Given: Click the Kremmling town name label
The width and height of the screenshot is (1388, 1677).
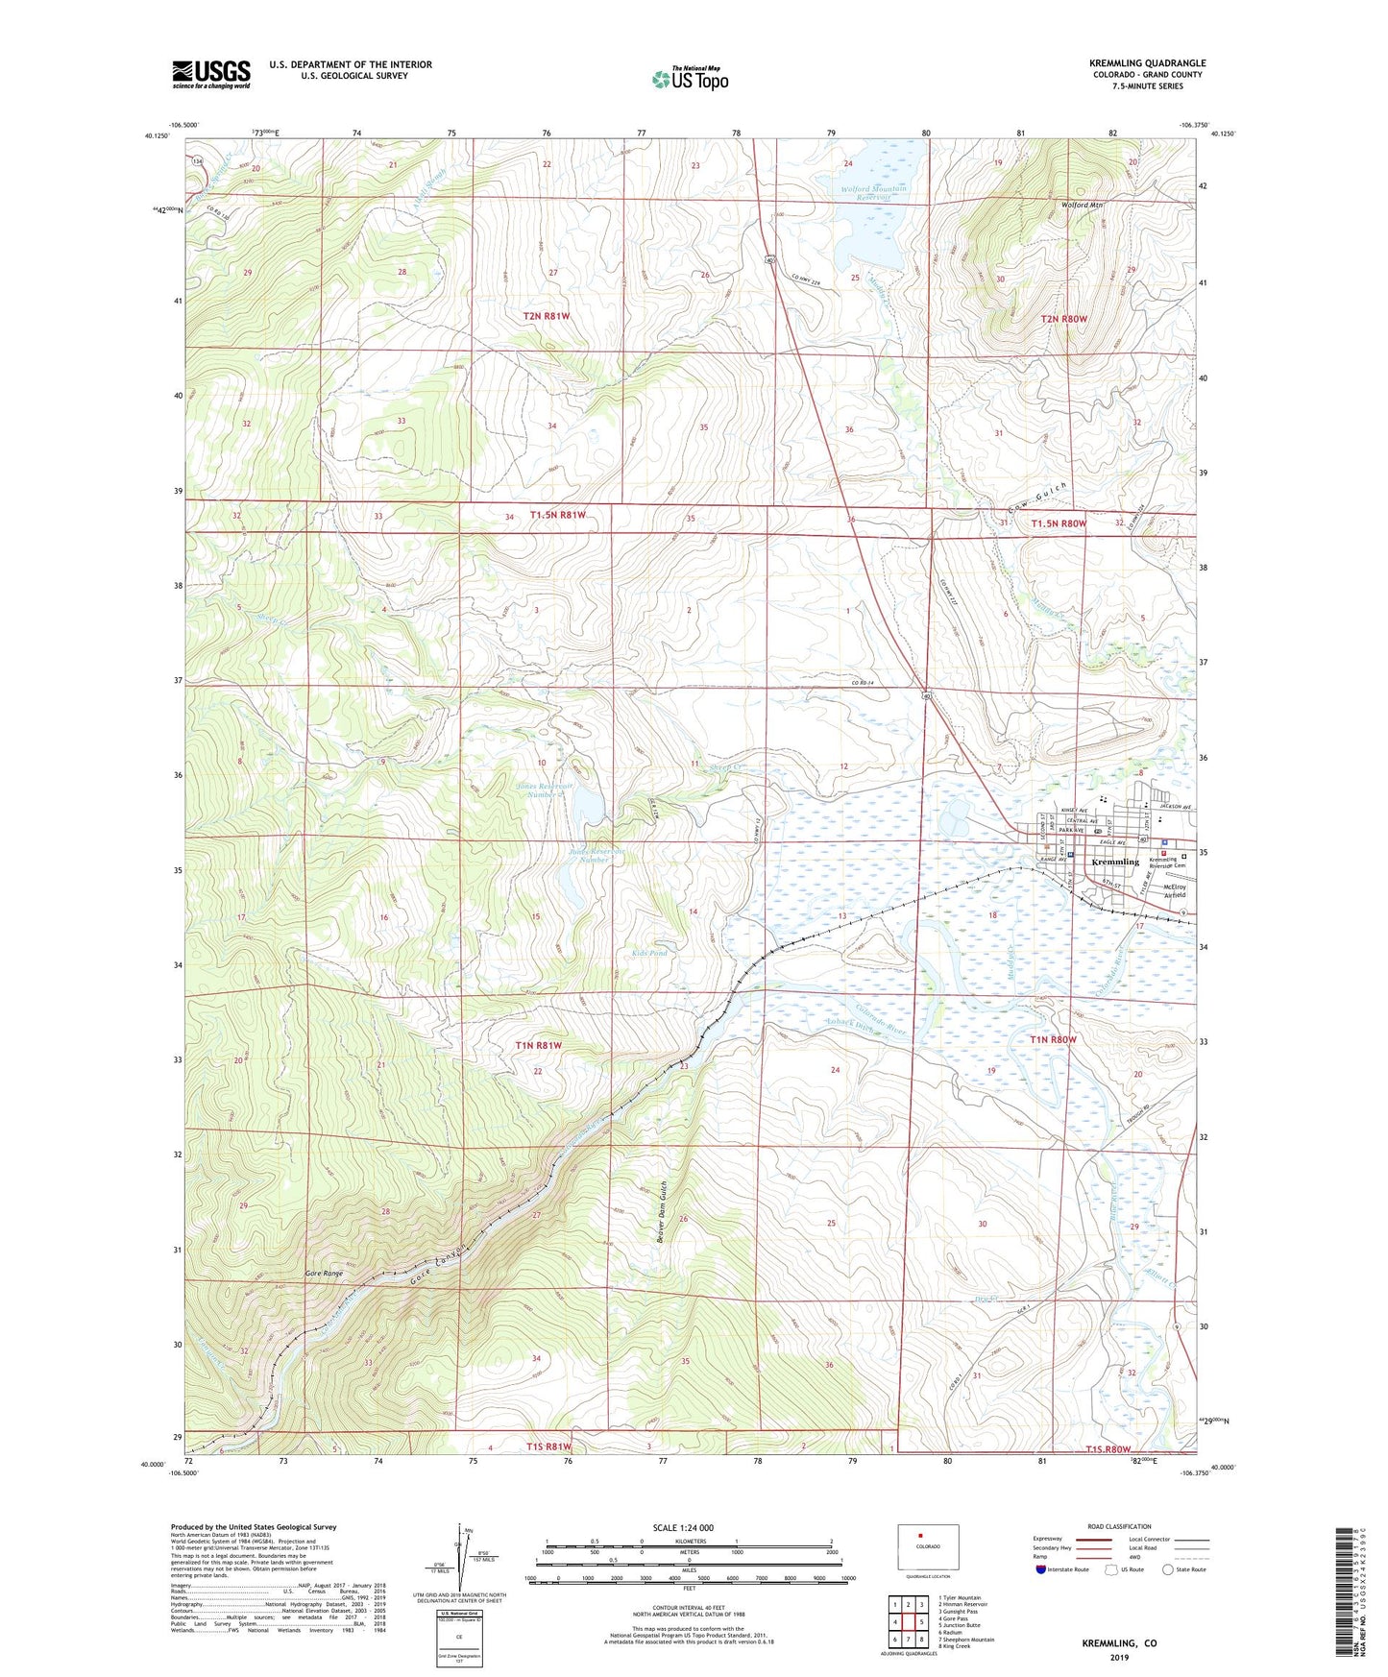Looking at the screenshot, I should pyautogui.click(x=1115, y=862).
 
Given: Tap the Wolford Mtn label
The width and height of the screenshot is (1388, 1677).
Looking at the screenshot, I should pyautogui.click(x=1082, y=205).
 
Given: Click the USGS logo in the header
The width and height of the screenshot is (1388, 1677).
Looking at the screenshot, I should pyautogui.click(x=211, y=74).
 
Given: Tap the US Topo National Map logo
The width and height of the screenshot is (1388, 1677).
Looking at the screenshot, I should pyautogui.click(x=690, y=79).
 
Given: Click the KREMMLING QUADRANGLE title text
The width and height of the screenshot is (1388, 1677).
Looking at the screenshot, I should pyautogui.click(x=1147, y=63).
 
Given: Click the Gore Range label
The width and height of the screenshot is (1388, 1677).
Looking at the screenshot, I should pyautogui.click(x=324, y=1274).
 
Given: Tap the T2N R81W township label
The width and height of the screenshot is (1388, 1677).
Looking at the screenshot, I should pyautogui.click(x=554, y=315).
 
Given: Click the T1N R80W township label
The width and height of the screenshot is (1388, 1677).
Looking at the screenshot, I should pyautogui.click(x=1054, y=1039).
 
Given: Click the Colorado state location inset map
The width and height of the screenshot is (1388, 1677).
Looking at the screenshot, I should pyautogui.click(x=928, y=1548).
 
